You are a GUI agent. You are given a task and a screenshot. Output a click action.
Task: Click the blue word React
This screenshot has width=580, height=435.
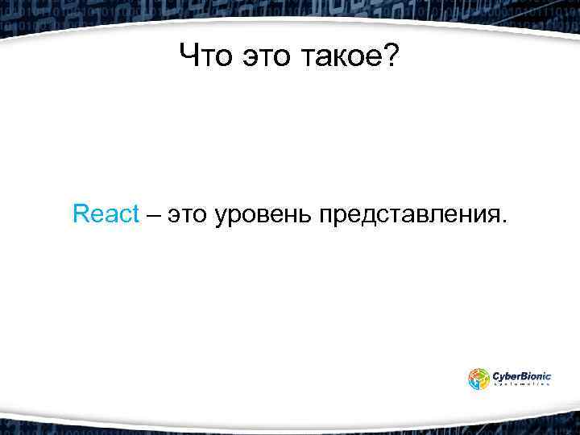click(106, 214)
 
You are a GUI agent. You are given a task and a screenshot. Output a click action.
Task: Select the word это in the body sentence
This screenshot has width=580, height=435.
click(187, 215)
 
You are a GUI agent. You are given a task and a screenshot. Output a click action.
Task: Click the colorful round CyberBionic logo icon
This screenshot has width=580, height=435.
click(478, 379)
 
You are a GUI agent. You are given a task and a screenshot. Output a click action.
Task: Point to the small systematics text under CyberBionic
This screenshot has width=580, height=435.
click(522, 385)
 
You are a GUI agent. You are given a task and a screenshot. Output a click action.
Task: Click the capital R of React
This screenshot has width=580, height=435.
click(80, 214)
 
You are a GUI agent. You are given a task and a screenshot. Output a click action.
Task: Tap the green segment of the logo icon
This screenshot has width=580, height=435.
click(483, 374)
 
